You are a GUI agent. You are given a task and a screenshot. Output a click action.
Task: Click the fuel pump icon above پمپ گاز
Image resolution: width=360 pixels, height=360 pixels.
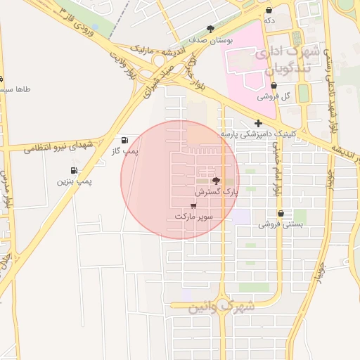125,140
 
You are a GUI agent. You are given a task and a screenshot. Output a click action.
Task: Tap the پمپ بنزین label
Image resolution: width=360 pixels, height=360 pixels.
75,181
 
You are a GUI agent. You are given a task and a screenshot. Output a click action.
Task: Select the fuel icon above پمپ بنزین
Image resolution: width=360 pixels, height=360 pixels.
74,170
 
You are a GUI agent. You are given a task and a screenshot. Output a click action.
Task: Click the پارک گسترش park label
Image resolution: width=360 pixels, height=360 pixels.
217,191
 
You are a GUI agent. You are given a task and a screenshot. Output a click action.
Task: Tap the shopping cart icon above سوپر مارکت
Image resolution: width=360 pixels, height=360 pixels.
193,206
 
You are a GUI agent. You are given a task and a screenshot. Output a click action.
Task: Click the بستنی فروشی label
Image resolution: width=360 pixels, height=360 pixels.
281,224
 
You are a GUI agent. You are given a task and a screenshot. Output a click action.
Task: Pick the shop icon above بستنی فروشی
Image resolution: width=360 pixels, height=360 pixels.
281,213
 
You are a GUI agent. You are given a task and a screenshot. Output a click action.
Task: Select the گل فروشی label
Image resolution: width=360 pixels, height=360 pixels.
274,96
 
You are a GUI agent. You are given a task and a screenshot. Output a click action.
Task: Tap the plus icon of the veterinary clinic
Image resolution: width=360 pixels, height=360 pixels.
259,123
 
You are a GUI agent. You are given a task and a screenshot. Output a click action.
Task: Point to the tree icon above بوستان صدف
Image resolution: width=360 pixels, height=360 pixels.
210,29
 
